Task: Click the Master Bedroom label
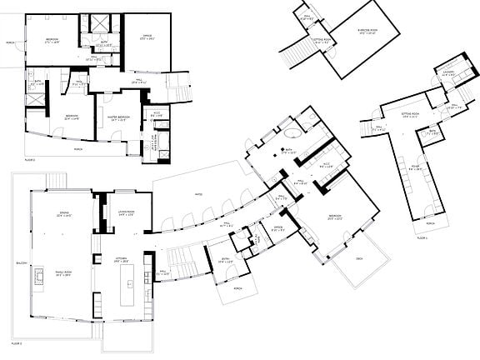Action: coord(117,117)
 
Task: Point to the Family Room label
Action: coord(62,273)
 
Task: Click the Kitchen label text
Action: coord(122,260)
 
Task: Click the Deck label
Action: coord(359,259)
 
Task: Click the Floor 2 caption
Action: coord(16,343)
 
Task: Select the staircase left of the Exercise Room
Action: coord(293,56)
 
